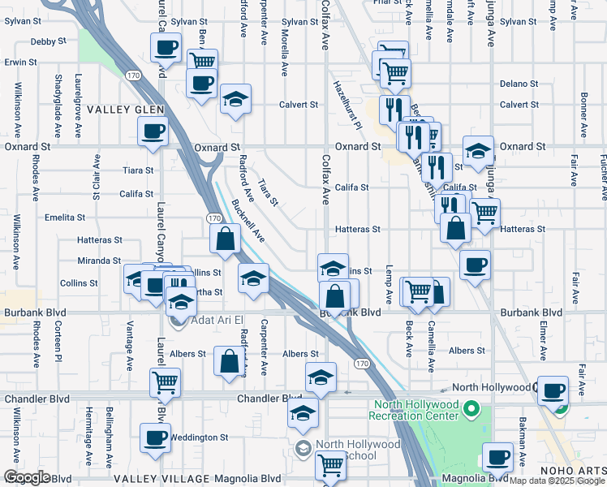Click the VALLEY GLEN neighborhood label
[126, 110]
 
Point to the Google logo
[26, 477]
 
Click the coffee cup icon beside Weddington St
[155, 438]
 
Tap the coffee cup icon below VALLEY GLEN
[153, 132]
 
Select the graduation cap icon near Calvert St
[235, 100]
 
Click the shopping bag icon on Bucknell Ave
[225, 239]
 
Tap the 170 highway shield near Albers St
[362, 364]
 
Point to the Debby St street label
[46, 41]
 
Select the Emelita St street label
[65, 218]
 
